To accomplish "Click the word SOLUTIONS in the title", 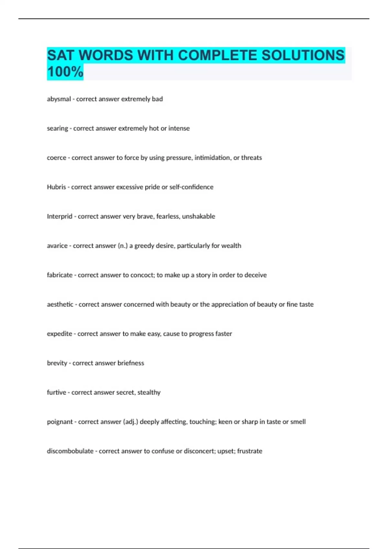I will coord(303,55).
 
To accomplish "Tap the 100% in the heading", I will coord(65,72).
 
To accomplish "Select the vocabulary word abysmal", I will coord(59,99).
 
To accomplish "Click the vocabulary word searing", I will coord(58,129).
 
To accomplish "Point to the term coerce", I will coord(57,158).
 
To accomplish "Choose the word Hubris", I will coord(56,187).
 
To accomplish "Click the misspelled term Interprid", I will coord(59,216).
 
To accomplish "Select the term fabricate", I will coord(60,275).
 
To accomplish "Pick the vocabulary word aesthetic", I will coord(60,304).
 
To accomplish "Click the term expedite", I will coord(59,334).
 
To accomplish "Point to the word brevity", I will coord(57,363).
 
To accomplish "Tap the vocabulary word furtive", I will coord(56,392).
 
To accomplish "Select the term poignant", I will coord(60,422).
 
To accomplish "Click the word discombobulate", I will coord(70,451).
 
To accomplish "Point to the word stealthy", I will coord(149,392).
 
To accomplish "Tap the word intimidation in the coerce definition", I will coord(212,158).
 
